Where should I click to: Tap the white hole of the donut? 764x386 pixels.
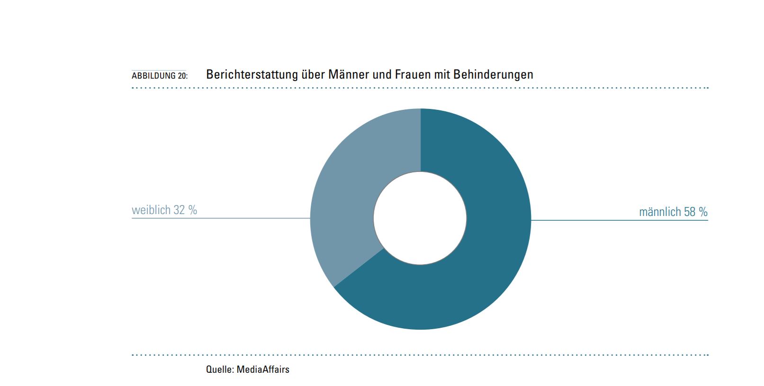click(420, 218)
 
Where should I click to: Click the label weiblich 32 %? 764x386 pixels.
click(164, 210)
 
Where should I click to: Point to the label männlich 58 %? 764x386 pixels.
click(673, 212)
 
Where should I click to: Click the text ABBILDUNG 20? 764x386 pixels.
click(159, 76)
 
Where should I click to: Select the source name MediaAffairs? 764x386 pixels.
click(263, 369)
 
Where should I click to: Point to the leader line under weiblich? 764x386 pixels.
click(221, 218)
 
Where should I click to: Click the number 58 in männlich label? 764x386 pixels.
click(690, 212)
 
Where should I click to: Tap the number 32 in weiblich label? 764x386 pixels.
click(179, 210)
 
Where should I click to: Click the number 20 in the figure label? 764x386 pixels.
click(182, 76)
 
